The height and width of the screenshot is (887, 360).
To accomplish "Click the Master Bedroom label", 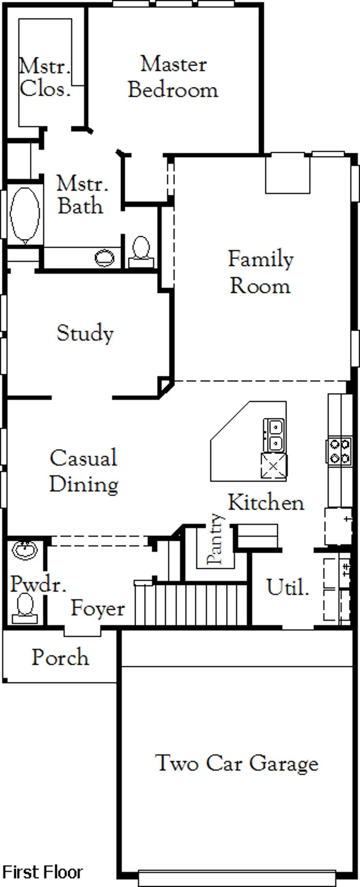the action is click(x=173, y=77).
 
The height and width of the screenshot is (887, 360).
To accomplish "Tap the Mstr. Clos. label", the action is click(x=45, y=77).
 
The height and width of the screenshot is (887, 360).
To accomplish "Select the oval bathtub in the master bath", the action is click(x=25, y=215).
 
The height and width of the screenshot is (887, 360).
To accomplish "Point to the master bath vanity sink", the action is click(x=105, y=258).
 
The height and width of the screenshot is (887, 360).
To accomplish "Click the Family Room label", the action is click(x=261, y=272).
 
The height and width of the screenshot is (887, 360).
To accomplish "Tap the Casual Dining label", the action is click(x=84, y=471).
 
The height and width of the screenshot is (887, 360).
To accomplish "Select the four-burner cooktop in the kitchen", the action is click(x=339, y=451).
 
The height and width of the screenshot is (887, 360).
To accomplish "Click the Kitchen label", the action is click(x=266, y=503).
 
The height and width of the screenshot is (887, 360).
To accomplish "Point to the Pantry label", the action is click(x=216, y=539).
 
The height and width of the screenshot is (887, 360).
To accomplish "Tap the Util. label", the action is click(x=287, y=587).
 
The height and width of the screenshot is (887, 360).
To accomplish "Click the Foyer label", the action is click(x=98, y=609).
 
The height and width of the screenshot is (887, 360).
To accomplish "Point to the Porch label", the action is click(x=60, y=658).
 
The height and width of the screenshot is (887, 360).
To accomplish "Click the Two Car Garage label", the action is click(x=237, y=763).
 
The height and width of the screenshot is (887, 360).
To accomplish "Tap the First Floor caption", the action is click(x=43, y=872).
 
